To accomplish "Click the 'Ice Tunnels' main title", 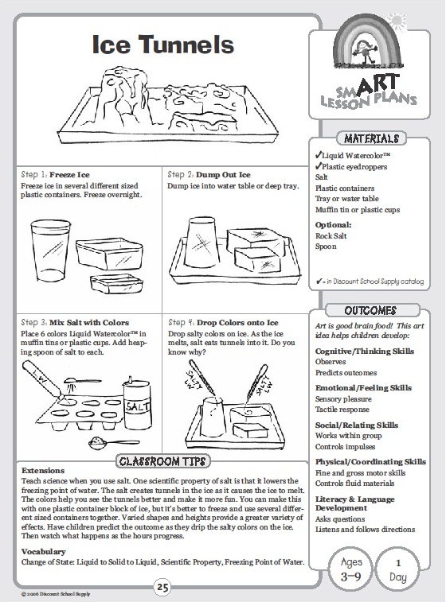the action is [x=163, y=45].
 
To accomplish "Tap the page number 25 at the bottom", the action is [x=162, y=588].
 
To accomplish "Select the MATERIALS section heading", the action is [x=371, y=138].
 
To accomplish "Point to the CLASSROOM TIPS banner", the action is [x=163, y=461].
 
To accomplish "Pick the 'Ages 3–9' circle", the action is [x=350, y=569].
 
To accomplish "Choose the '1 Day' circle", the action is [x=398, y=569].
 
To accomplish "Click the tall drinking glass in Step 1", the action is [x=50, y=251].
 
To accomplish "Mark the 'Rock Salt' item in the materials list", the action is [x=331, y=235].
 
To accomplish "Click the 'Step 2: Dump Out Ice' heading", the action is [x=209, y=175].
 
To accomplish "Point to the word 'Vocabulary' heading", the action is [x=44, y=552].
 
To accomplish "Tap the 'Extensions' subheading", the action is [x=43, y=470].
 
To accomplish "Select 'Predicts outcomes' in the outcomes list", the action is [x=346, y=372].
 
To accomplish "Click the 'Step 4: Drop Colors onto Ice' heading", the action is [x=223, y=323].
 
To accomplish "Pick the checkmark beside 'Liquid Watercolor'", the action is [x=318, y=155].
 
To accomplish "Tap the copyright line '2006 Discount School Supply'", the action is [x=56, y=594].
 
